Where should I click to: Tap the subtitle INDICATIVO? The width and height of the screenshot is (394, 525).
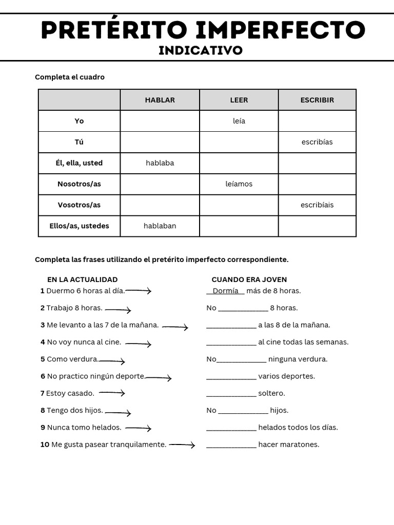(x=201, y=50)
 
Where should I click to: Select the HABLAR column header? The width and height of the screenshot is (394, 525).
(x=160, y=100)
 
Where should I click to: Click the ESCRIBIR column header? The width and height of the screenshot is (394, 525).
(x=317, y=100)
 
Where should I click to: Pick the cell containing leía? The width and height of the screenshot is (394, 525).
(x=239, y=121)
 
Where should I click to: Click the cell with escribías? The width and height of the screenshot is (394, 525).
(x=317, y=142)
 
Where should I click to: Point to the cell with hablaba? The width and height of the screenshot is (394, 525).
(x=160, y=163)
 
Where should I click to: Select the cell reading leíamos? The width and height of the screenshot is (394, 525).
(x=239, y=184)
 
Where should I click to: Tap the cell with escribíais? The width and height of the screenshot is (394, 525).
(x=317, y=205)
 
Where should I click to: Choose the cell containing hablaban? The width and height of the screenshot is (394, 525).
(x=160, y=226)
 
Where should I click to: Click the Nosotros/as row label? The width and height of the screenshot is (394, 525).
(x=79, y=184)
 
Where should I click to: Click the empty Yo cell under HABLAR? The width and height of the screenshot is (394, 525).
(x=160, y=121)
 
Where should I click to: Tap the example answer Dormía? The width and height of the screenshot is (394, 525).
(x=225, y=291)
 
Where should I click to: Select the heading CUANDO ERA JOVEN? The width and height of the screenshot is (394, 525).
(x=249, y=279)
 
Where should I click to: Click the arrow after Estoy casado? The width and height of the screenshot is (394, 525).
(x=112, y=393)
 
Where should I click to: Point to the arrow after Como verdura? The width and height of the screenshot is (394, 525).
(x=112, y=361)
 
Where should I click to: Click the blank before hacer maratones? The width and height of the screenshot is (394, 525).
(x=231, y=445)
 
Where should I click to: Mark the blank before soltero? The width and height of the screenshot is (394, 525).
(x=231, y=394)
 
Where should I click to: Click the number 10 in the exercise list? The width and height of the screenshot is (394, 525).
(x=45, y=445)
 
